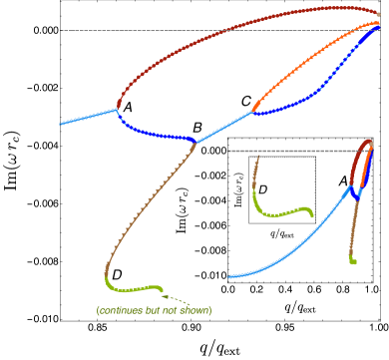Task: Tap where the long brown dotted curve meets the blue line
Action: tap(195, 142)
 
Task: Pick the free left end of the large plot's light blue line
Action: tap(61, 125)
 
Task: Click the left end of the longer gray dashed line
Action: tap(61, 31)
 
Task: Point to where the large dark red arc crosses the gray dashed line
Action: tap(230, 31)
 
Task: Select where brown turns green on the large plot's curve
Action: tap(107, 278)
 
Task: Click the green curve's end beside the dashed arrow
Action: tap(162, 289)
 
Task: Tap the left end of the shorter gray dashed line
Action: tap(228, 151)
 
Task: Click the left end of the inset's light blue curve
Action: tap(229, 276)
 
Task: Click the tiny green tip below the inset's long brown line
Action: tap(353, 261)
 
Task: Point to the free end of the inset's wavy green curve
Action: tap(312, 214)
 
